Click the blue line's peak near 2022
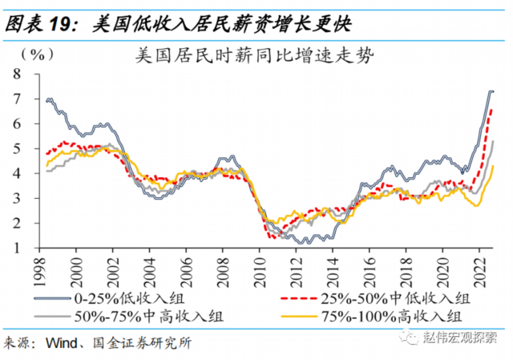[491, 91]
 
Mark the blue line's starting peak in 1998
[50, 99]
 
